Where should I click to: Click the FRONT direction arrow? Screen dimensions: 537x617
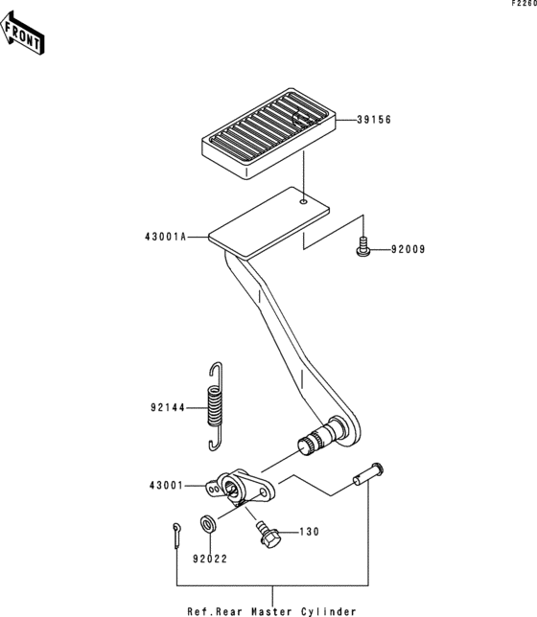pos(22,33)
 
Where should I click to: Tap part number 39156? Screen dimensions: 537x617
pos(374,120)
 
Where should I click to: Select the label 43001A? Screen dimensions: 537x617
pos(165,237)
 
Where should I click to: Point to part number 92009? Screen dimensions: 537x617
pos(409,249)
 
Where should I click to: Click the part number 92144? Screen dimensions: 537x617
pos(168,408)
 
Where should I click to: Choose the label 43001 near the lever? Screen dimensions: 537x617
pos(166,486)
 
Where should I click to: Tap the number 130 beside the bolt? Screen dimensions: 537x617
pos(310,532)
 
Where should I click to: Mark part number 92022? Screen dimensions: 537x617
pos(210,559)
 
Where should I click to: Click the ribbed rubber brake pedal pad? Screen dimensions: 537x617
pos(269,133)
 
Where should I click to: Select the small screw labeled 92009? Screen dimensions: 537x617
pos(362,247)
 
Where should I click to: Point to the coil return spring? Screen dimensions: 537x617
pos(215,406)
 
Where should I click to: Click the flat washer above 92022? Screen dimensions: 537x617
pos(208,524)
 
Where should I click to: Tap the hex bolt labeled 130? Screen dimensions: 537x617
pos(268,535)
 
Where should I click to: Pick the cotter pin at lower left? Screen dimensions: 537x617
pos(176,535)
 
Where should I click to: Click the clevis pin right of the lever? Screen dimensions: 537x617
pos(367,474)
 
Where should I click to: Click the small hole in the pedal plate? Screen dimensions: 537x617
pos(303,202)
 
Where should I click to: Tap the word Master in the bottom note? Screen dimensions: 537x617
pos(271,612)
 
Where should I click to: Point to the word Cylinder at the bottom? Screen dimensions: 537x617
pos(329,612)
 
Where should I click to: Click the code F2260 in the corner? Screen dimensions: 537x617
pos(525,3)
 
